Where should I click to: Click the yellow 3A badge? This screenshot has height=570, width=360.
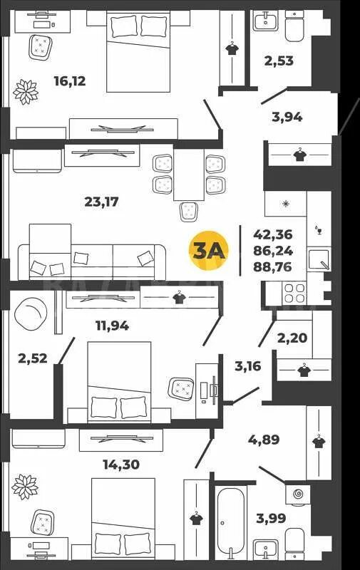pos(208,251)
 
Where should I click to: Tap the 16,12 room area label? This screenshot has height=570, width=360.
pos(70,81)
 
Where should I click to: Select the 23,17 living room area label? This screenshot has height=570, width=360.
pos(101,202)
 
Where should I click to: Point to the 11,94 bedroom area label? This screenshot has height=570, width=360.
pos(112,326)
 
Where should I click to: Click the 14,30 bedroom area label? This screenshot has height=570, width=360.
pos(121,465)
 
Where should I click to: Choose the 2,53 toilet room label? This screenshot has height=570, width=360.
pos(279,61)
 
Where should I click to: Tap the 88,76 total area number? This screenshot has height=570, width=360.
pos(273,266)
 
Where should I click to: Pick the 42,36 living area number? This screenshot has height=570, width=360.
pos(273,234)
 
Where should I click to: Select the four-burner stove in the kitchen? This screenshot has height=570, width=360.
pos(294,294)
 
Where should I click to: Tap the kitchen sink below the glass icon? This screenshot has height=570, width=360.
pos(319,259)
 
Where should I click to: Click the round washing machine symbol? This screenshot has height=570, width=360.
pos(298,494)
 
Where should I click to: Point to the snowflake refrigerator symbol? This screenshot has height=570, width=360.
pos(286,203)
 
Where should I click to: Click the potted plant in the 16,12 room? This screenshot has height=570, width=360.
pos(26,92)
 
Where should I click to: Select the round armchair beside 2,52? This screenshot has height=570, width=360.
pos(31,312)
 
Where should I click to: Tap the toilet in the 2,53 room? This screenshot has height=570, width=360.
pos(295,26)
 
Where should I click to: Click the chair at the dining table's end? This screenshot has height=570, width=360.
pos(188,212)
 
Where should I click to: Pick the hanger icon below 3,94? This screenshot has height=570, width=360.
pos(299,155)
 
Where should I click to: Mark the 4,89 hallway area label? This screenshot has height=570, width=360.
pos(264,440)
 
